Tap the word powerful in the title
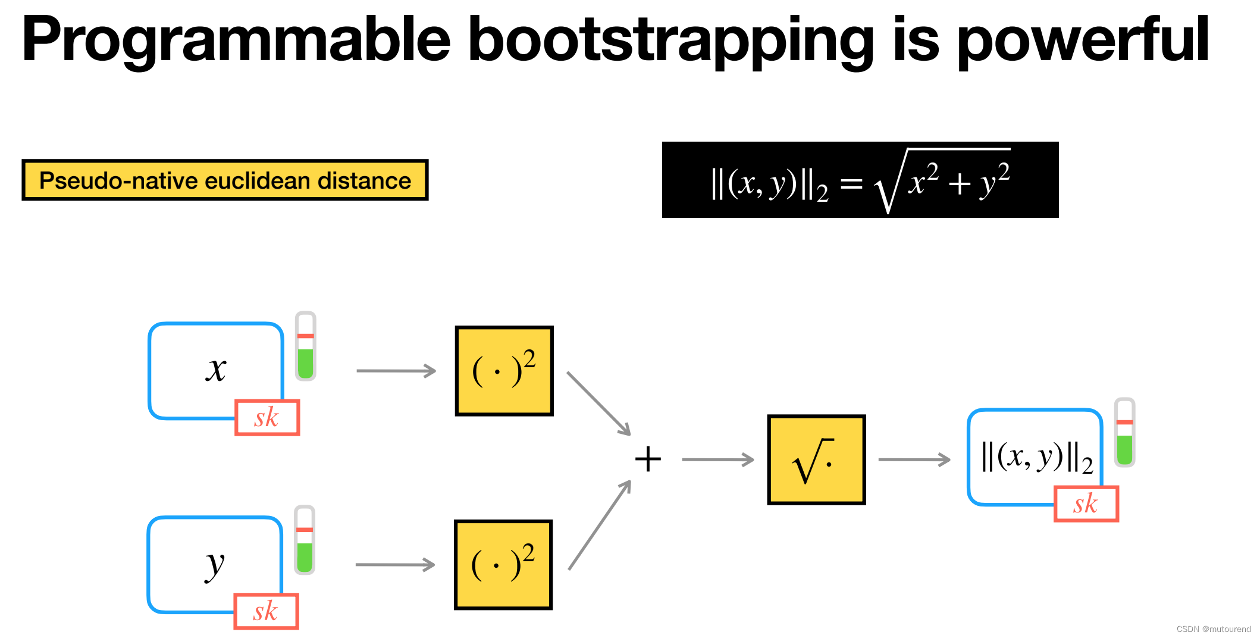pos(1083,40)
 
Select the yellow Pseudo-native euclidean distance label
pos(225,180)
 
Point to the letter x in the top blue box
pos(216,369)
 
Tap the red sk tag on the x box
pos(267,418)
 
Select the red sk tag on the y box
pos(266,611)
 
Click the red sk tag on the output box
pos(1086,504)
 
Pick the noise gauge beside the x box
pos(306,346)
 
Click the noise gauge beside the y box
pos(305,540)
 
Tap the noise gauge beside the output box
pos(1124,433)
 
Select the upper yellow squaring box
pos(504,371)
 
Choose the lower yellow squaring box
pos(503,565)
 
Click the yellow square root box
pos(816,460)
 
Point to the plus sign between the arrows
pos(648,459)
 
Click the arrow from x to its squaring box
pos(396,371)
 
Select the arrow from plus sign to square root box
pos(717,459)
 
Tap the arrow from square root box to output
pos(914,459)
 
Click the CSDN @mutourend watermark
pos(1213,629)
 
